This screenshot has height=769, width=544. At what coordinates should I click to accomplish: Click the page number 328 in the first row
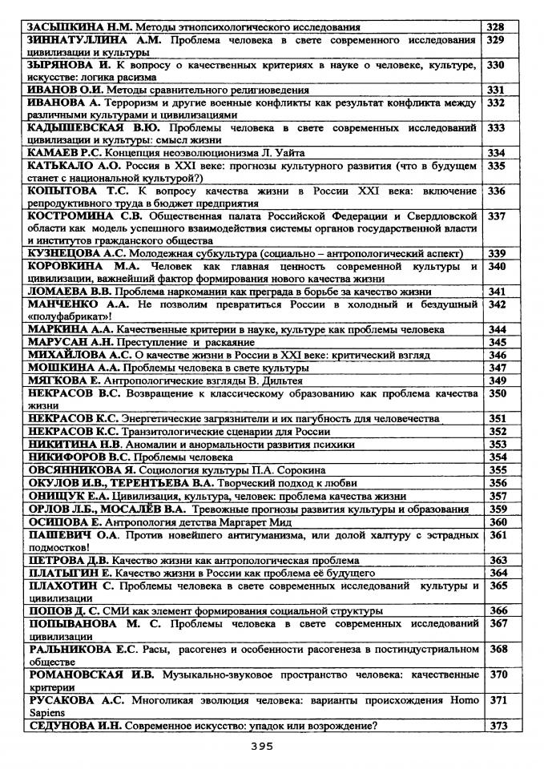tap(495, 27)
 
